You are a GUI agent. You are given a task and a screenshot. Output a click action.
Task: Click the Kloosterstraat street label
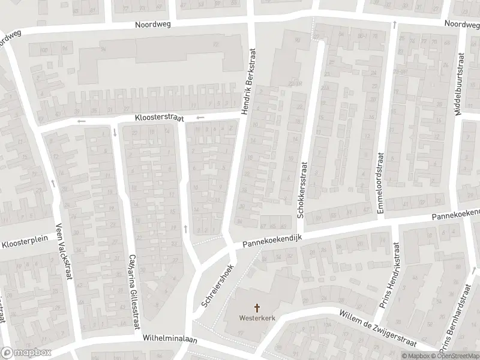click(159, 119)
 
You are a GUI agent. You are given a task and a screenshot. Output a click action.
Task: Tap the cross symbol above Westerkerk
click(258, 308)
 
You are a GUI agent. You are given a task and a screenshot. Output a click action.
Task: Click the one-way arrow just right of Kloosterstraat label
click(200, 117)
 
